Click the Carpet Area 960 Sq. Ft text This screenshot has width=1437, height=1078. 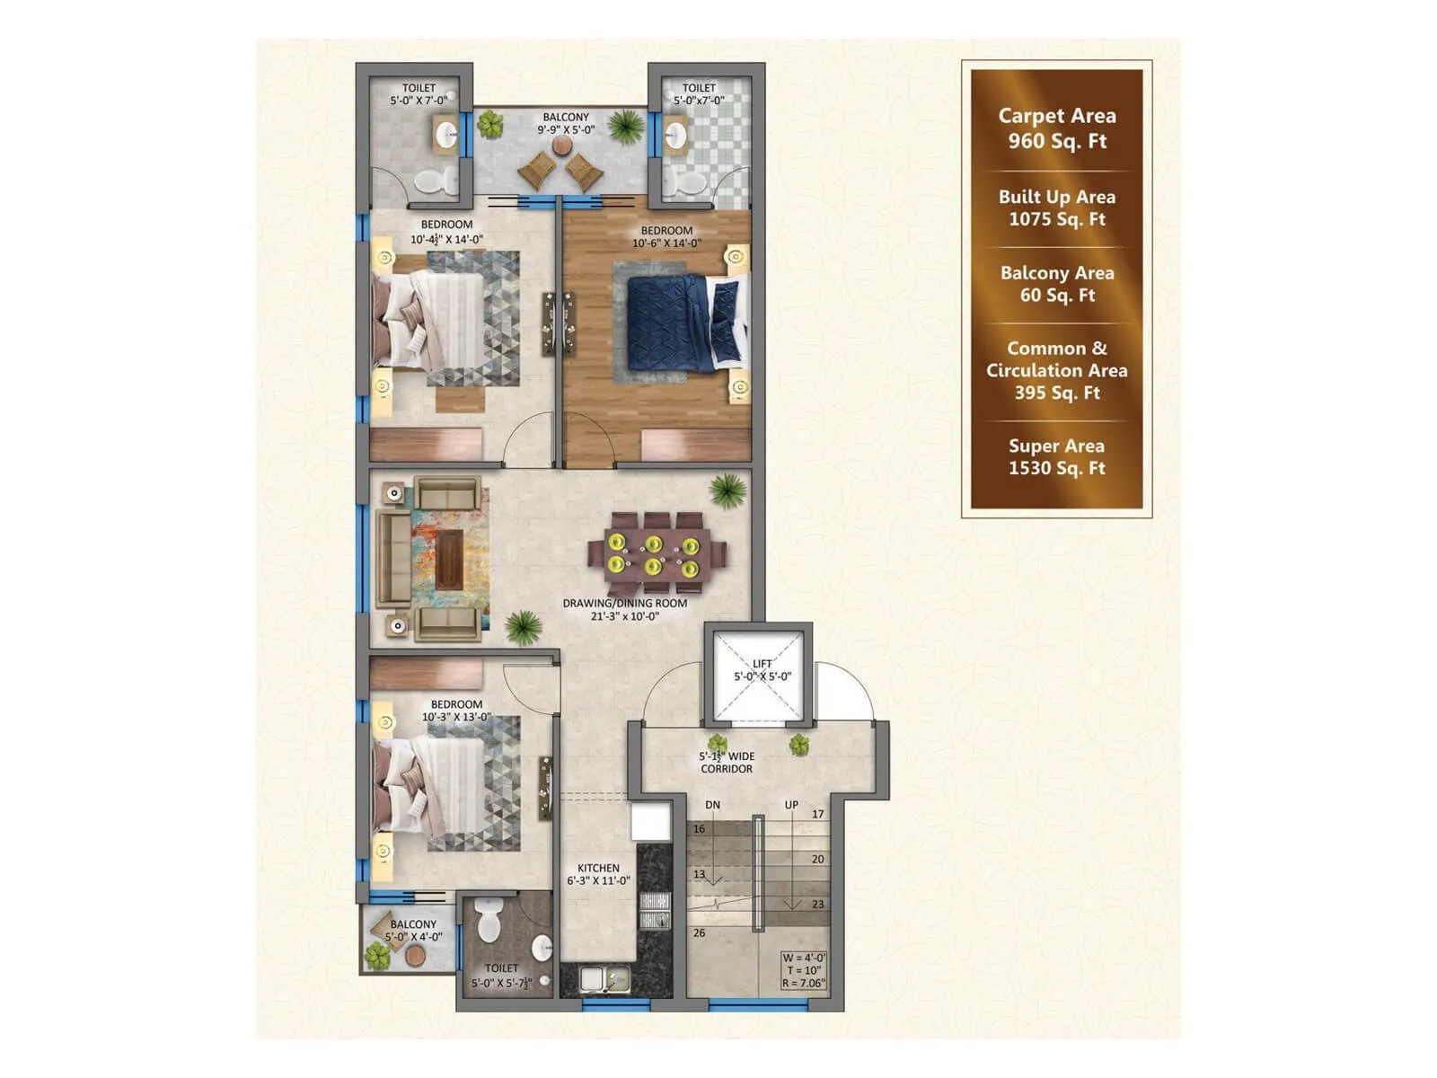[x=1056, y=128]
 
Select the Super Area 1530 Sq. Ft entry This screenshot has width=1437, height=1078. [x=1056, y=456]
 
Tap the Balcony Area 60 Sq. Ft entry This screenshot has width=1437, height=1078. [x=1056, y=284]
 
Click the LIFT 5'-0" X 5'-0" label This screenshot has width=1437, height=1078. [x=763, y=670]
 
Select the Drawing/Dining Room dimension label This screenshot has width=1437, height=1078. [x=624, y=610]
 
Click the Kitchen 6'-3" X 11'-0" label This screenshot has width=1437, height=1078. [x=598, y=874]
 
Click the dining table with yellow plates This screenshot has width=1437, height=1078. [x=653, y=555]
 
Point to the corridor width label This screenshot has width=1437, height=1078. [x=727, y=763]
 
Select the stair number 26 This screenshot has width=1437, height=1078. [x=699, y=933]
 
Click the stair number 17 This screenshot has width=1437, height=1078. [x=817, y=815]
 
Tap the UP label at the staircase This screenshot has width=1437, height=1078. [x=791, y=805]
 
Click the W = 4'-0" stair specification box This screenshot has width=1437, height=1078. [x=803, y=970]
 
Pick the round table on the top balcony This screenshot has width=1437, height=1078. [x=562, y=145]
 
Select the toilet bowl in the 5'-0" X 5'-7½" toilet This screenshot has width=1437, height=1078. [x=489, y=920]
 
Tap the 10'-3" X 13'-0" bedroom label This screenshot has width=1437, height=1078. [x=456, y=711]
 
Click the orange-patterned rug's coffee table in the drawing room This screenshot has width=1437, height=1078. [x=449, y=560]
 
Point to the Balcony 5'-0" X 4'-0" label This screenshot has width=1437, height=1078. [x=413, y=930]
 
